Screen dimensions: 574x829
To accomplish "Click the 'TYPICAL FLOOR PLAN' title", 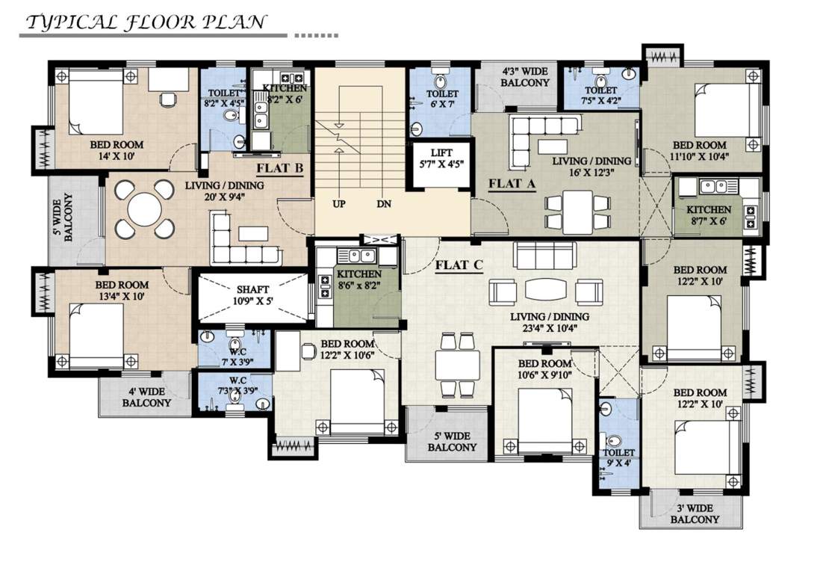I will (x=146, y=22).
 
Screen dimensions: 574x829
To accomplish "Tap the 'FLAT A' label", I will (x=512, y=183).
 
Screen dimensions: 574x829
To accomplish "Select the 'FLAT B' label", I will (x=280, y=167).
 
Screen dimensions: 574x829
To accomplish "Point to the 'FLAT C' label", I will (x=460, y=265).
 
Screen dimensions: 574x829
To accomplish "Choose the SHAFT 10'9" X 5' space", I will (x=252, y=296).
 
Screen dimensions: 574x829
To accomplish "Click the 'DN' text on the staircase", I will (x=384, y=203).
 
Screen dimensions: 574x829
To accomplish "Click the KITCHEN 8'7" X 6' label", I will (x=709, y=215).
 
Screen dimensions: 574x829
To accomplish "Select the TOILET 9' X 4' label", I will (x=619, y=458).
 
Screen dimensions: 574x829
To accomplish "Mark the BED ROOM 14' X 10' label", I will (x=117, y=150).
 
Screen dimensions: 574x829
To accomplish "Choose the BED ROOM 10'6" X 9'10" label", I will (x=545, y=369).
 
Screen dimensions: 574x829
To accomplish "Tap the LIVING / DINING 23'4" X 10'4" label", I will (x=550, y=322).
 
